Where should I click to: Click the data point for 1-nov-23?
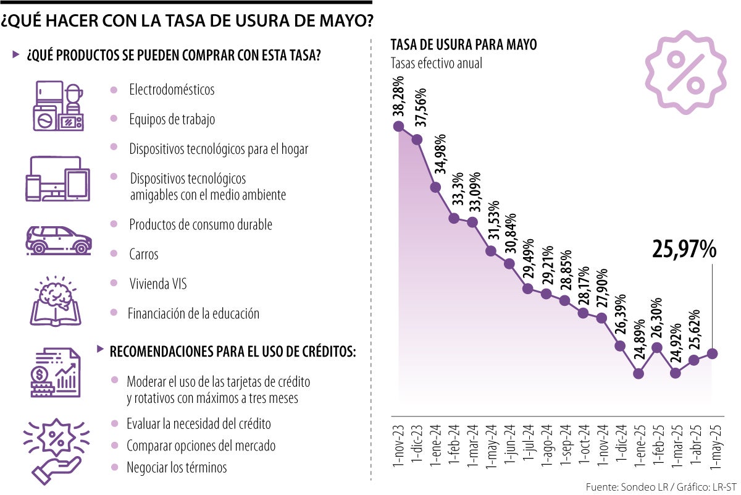click(x=398, y=127)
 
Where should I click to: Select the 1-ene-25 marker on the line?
click(x=638, y=373)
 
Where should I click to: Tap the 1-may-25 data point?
click(x=713, y=353)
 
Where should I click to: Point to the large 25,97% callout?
click(x=684, y=249)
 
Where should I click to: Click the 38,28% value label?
click(x=399, y=96)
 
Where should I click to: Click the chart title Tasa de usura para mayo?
click(x=464, y=45)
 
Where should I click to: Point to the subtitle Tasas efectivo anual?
click(x=436, y=63)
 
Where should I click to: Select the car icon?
click(x=59, y=239)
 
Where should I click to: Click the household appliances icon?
click(x=59, y=107)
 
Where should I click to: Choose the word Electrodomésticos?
click(x=172, y=90)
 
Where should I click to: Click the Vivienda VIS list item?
click(x=157, y=284)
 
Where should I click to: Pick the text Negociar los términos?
click(x=177, y=467)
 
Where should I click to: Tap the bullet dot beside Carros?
click(x=114, y=254)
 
